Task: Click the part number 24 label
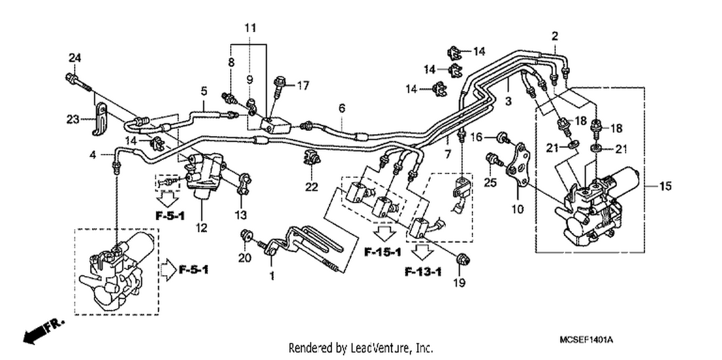pos(75,58)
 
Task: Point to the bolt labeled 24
pos(78,82)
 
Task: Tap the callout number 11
pos(250,28)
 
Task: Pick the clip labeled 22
pos(311,157)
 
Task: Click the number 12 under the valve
pos(202,228)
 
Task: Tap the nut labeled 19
pos(463,259)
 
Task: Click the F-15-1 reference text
pos(383,252)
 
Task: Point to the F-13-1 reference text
pos(423,272)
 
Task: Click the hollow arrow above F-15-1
pos(384,233)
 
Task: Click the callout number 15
pos(666,186)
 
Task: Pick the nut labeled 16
pos(503,137)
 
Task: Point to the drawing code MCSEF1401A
pos(586,340)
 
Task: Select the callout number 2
pos(554,36)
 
